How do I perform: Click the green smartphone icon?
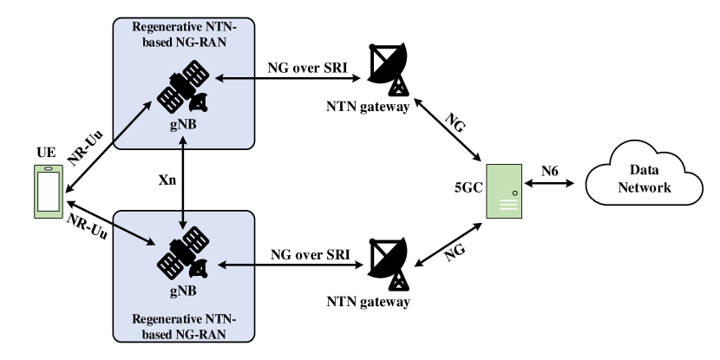(49, 191)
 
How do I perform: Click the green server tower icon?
(504, 191)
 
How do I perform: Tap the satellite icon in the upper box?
(183, 86)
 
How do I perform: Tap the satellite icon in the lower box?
(183, 253)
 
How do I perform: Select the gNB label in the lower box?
(183, 291)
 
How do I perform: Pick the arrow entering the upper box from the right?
(234, 79)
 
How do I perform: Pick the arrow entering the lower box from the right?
(234, 264)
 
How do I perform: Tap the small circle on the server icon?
(515, 193)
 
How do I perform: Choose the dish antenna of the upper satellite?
(199, 101)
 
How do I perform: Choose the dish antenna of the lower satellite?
(199, 269)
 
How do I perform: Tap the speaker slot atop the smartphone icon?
(49, 169)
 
